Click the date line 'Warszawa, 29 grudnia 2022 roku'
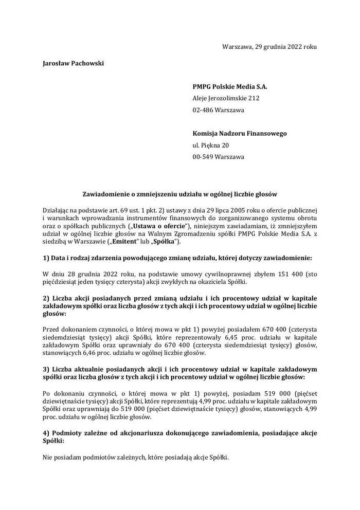(269, 47)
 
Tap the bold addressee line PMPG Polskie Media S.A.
(230, 86)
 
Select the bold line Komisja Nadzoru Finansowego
(240, 134)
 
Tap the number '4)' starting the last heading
(46, 433)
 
